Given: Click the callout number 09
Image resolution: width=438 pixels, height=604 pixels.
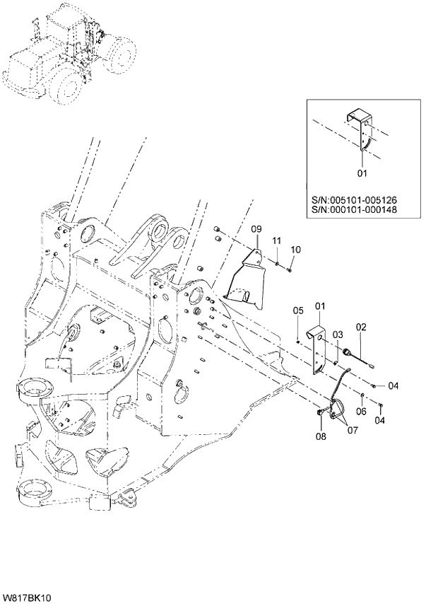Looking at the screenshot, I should pos(256,230).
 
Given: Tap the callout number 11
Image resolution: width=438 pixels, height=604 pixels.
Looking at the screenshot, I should pos(277,241).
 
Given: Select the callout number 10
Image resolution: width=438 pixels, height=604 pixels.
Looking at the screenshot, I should pos(295,249).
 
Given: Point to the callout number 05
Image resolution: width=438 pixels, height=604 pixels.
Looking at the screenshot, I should pos(298,310).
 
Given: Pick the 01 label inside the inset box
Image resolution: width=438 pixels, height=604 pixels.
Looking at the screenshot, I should pos(362,173).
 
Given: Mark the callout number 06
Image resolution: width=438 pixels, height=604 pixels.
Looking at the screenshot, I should pos(360,412).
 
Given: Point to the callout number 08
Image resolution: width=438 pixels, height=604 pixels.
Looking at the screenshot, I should pos(321,437).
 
